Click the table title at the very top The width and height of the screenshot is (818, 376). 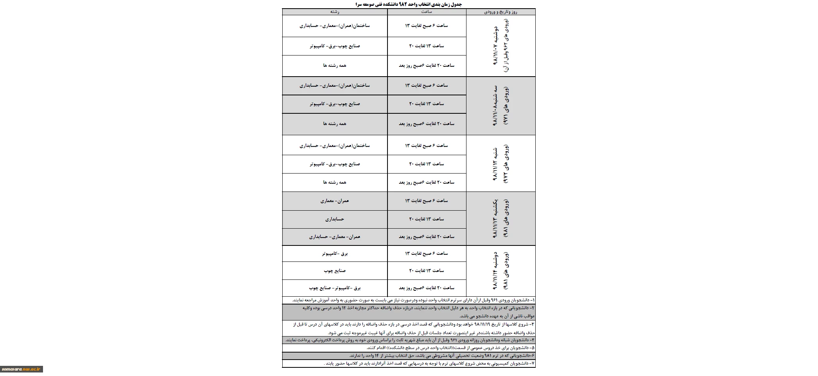tap(409, 4)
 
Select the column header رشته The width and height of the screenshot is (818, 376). tap(335, 12)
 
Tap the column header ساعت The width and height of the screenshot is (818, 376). tap(427, 12)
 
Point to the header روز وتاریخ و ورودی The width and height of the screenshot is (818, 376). tap(500, 12)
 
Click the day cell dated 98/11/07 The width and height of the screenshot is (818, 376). tap(500, 46)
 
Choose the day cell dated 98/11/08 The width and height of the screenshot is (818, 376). tap(500, 106)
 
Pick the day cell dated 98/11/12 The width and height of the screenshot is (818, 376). tap(500, 163)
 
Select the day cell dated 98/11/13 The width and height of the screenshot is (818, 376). tap(500, 218)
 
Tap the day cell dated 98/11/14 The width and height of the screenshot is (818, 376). tap(500, 271)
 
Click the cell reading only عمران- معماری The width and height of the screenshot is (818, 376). tap(335, 201)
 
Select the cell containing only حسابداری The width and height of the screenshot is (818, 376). tap(335, 219)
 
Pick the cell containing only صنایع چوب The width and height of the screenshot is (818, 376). tap(335, 270)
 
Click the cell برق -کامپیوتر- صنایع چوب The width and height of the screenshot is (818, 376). tap(335, 288)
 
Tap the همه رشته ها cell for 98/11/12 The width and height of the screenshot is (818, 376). tap(335, 182)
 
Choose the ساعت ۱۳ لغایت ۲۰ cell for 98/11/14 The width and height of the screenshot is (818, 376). tap(427, 270)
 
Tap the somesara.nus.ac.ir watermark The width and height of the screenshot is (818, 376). tap(22, 369)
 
